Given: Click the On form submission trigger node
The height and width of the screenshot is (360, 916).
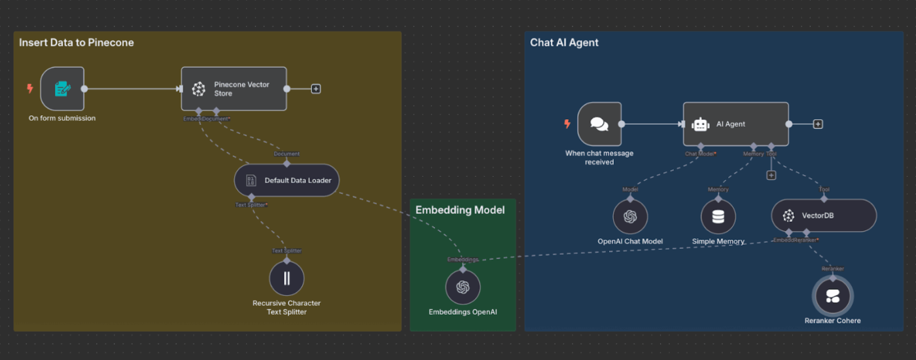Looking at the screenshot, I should click(62, 88).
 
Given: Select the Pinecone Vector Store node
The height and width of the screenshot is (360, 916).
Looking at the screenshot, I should click(234, 88).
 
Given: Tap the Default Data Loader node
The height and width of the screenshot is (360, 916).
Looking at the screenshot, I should click(287, 180).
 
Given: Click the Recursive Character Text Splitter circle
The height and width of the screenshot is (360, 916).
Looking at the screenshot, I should click(287, 278).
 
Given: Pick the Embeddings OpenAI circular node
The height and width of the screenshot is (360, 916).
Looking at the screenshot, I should click(463, 287).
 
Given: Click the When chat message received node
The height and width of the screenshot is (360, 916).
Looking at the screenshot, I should click(599, 124).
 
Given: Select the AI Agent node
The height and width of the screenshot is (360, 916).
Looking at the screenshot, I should click(735, 124).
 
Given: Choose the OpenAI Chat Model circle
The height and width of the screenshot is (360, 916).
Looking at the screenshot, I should click(630, 217).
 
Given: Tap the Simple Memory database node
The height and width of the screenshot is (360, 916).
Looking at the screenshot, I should click(718, 217).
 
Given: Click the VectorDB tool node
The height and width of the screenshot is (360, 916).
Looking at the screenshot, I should click(824, 215).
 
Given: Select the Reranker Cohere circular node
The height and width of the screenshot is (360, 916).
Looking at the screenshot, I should click(832, 296).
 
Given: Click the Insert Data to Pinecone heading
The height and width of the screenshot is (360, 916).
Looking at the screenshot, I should click(77, 43).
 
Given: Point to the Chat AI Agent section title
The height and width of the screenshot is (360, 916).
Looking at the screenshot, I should click(564, 43).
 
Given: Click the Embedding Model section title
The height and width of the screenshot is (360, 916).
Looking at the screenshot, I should click(460, 210).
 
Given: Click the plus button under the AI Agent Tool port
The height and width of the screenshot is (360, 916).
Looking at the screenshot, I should click(771, 175).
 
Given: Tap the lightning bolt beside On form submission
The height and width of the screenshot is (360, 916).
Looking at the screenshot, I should click(29, 88).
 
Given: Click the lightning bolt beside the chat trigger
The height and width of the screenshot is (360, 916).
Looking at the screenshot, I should click(567, 124).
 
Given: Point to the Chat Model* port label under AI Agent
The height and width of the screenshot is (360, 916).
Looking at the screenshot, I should click(700, 154).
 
